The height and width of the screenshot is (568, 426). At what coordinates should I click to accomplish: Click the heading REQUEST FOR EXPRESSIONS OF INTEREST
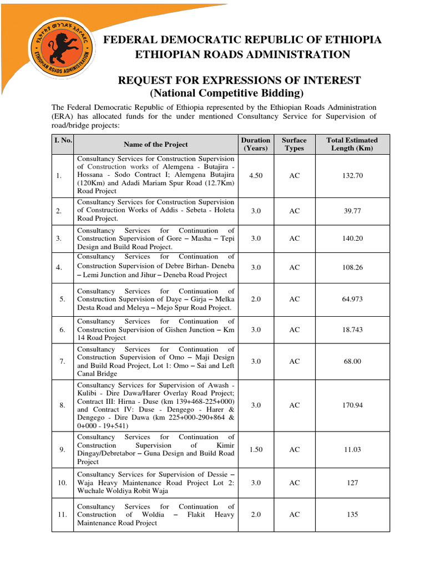coord(239,81)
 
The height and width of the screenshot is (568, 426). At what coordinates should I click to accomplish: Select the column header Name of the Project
coord(156,144)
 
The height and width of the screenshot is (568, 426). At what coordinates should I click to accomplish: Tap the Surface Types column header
coord(294,144)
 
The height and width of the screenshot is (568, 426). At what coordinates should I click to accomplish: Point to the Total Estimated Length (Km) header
coord(352,144)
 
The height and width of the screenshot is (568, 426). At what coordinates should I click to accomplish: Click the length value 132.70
coord(352,175)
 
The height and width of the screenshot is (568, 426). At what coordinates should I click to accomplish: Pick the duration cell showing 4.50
coord(256,175)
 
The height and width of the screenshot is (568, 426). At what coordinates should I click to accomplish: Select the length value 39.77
coord(352,211)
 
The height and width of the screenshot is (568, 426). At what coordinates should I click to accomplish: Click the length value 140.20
coord(352,239)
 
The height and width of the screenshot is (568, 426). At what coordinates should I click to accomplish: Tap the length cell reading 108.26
coord(352,267)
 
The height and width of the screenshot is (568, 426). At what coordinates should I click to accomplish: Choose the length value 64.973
coord(352,299)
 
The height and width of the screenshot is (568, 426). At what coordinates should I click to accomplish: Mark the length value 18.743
coord(352,329)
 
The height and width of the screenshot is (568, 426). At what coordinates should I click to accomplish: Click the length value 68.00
coord(352,361)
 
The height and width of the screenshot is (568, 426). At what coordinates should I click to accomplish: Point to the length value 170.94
coord(352,405)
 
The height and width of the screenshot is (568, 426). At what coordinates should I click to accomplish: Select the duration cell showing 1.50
coord(256,449)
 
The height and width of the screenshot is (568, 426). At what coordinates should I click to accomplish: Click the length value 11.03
coord(352,449)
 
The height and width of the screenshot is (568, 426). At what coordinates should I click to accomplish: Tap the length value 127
coord(352,483)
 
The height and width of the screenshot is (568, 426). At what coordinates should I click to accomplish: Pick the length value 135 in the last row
coord(352,515)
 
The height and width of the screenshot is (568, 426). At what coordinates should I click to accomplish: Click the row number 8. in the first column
coord(62,405)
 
